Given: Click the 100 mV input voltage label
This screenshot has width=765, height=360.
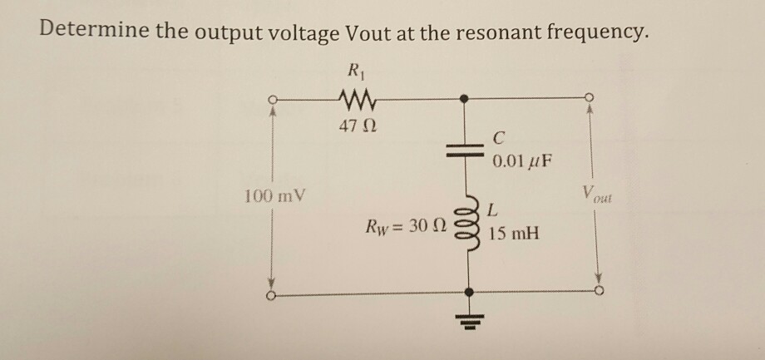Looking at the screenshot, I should pos(275,198).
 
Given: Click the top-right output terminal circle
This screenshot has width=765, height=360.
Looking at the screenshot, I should pos(590,96).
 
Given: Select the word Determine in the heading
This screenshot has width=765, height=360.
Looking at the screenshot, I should pos(89,33).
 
